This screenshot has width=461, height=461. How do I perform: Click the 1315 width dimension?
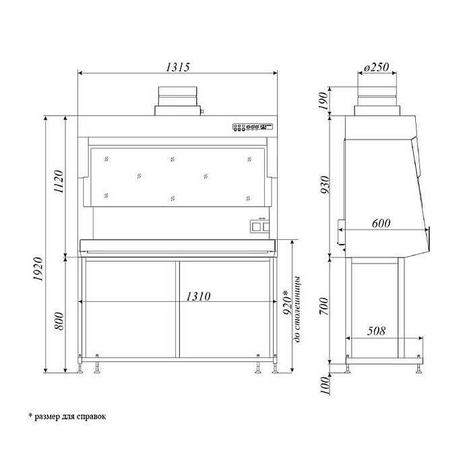tap(177, 67)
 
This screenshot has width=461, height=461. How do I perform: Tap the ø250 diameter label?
tap(376, 67)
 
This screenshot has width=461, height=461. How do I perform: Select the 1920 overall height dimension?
tap(38, 268)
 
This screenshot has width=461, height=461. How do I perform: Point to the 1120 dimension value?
tap(59, 181)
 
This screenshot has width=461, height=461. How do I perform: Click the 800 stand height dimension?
tap(59, 321)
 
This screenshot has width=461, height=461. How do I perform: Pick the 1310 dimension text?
tap(198, 297)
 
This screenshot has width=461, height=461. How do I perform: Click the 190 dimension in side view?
tap(323, 100)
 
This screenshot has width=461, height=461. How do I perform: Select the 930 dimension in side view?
tap(326, 185)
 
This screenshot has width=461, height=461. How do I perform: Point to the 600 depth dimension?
tap(381, 223)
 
